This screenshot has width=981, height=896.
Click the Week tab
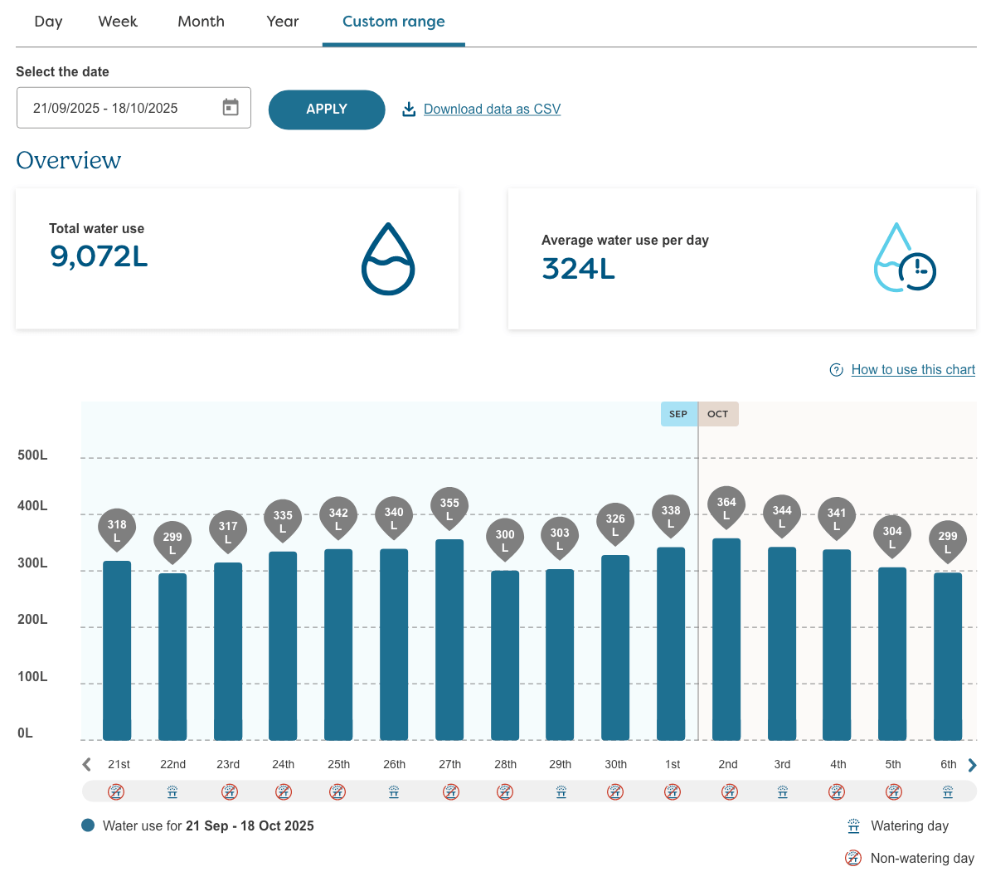click(x=118, y=22)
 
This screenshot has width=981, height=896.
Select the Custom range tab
click(x=393, y=22)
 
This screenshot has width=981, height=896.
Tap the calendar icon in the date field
click(x=231, y=108)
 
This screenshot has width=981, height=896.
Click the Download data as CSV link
click(x=492, y=110)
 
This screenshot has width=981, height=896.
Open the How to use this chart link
click(x=912, y=370)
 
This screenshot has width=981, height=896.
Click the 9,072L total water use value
click(x=99, y=256)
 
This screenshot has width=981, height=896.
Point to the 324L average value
click(x=578, y=269)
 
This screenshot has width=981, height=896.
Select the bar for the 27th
click(x=449, y=639)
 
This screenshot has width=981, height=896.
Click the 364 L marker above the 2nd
click(x=726, y=506)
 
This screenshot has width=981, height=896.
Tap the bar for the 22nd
click(x=172, y=655)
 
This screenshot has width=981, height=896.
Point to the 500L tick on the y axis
click(x=33, y=455)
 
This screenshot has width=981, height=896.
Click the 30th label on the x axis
click(x=615, y=764)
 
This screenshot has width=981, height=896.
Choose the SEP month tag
click(x=678, y=414)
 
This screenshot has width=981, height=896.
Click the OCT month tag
click(x=718, y=414)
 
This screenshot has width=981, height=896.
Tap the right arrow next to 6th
click(x=972, y=765)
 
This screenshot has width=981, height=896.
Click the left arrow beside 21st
click(x=87, y=765)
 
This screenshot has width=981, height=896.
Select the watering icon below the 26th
click(x=394, y=792)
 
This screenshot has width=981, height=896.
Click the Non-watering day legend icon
click(x=852, y=858)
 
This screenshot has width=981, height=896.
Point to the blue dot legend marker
click(x=88, y=825)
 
